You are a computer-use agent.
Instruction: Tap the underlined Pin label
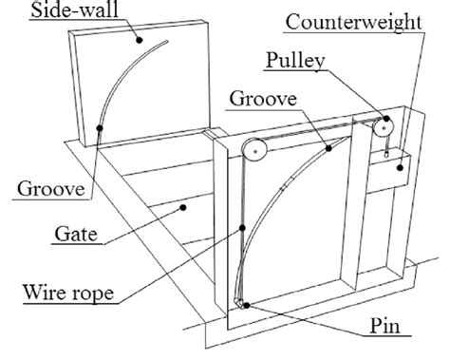click(x=391, y=330)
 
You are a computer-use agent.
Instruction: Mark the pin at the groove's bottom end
click(x=245, y=305)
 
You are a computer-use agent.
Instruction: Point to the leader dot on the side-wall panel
click(x=139, y=40)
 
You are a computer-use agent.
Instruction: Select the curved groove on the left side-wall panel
click(x=124, y=85)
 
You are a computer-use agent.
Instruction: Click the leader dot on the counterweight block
click(x=403, y=167)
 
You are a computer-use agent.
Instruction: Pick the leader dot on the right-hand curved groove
click(x=326, y=148)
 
